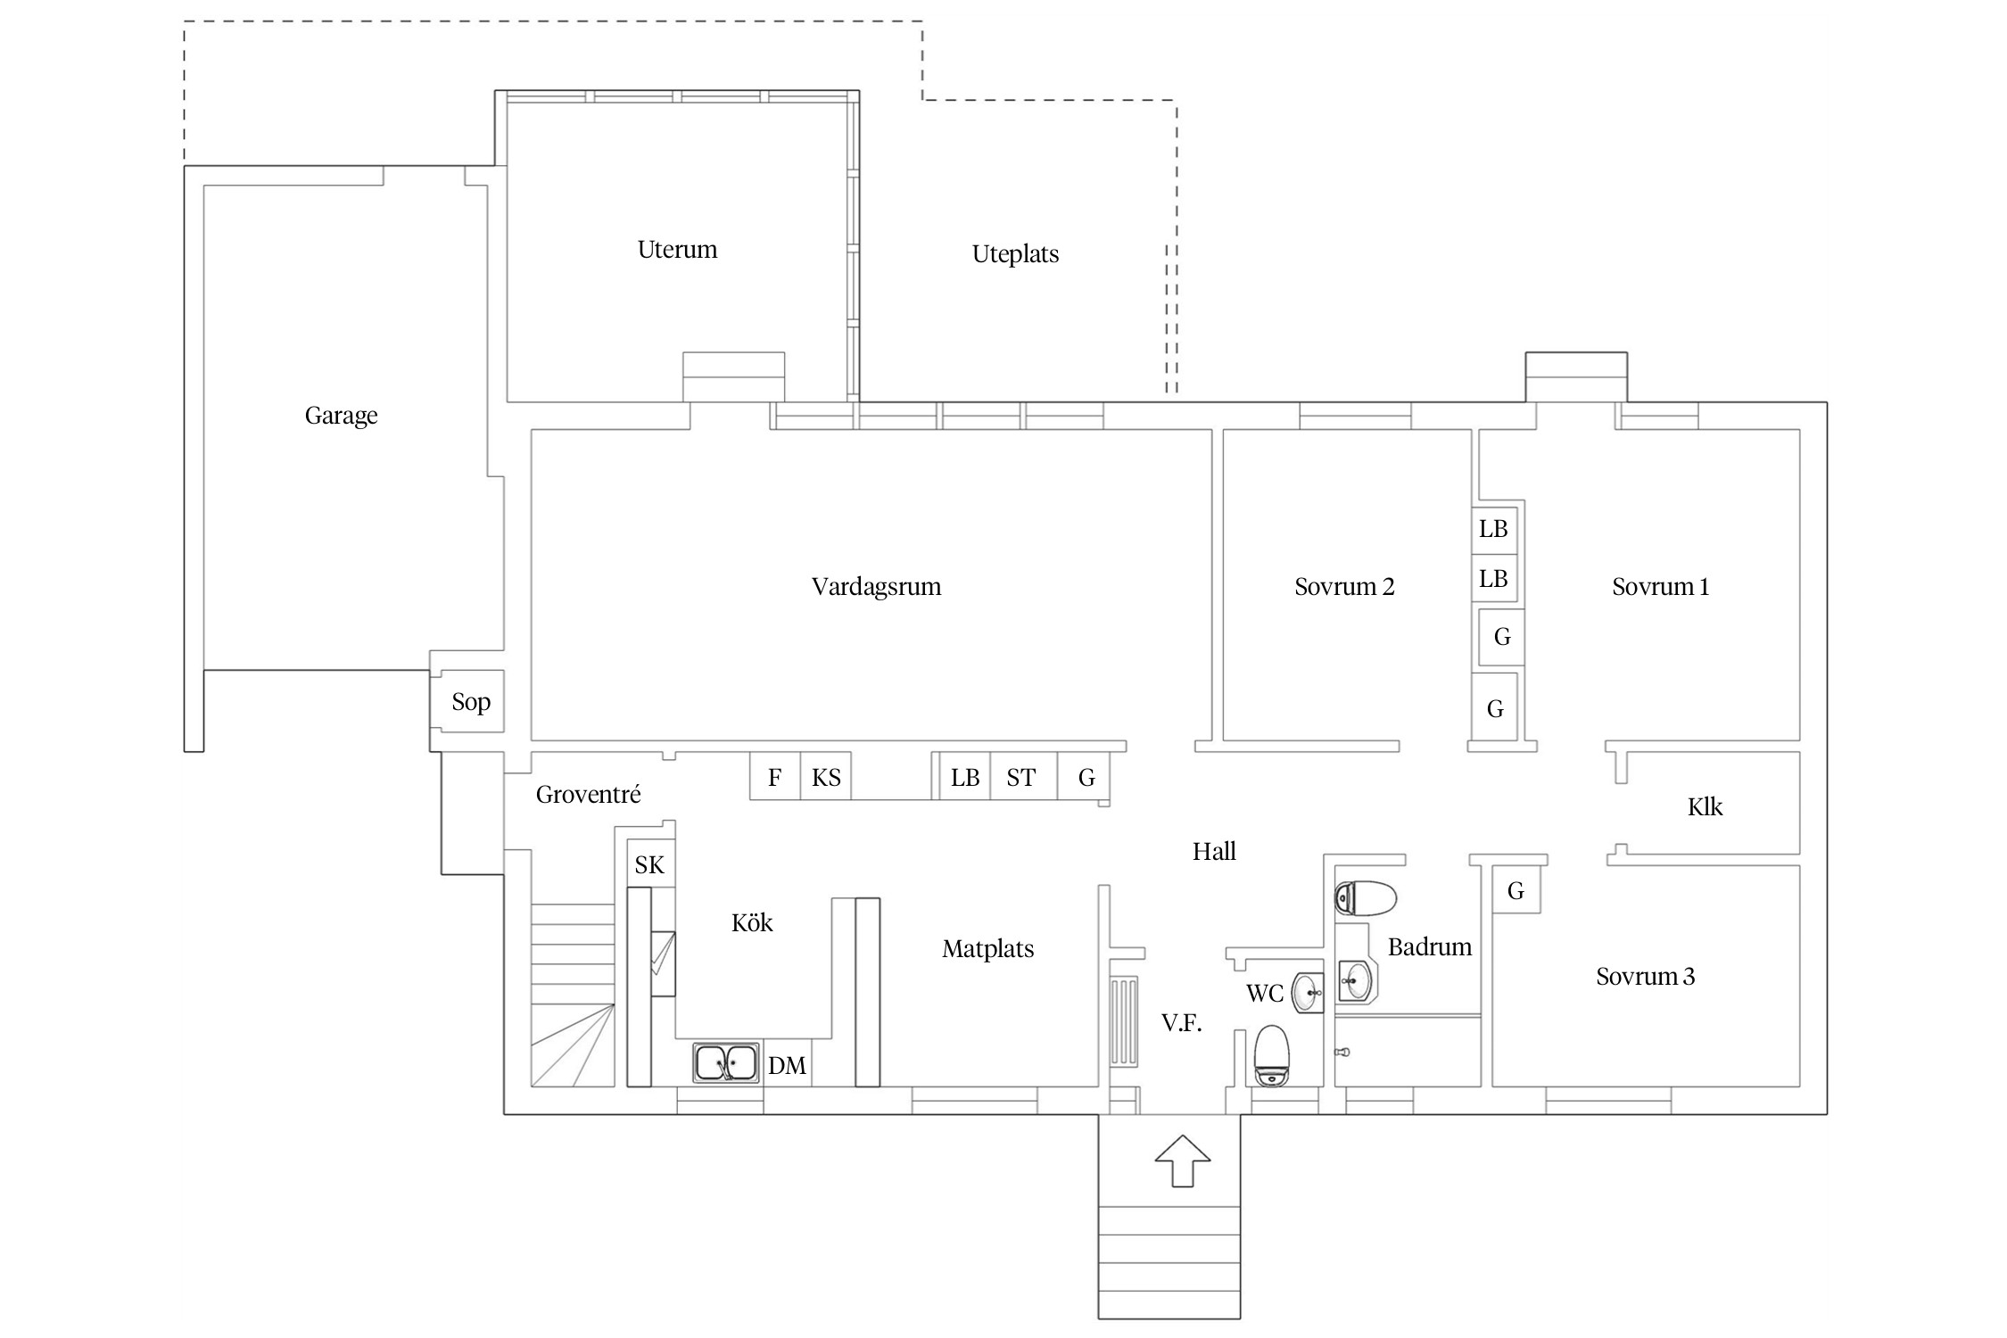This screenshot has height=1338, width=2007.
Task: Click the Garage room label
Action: pos(341,416)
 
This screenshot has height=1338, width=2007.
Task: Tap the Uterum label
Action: pos(677,250)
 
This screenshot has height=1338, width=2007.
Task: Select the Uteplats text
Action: pos(1015,254)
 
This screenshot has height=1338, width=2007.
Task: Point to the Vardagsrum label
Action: pos(876,587)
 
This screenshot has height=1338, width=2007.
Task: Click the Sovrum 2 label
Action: pos(1344,587)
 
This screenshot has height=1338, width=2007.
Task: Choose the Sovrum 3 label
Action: pos(1645,977)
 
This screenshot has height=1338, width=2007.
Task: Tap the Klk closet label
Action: pos(1705,807)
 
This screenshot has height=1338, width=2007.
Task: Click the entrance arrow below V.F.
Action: pos(1182,1160)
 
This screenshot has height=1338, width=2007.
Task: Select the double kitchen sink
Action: pos(726,1063)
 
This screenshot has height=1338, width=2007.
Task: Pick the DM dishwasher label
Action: pos(787,1066)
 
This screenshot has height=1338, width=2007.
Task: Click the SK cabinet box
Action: pos(650,863)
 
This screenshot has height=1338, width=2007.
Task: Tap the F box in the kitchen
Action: pos(774,776)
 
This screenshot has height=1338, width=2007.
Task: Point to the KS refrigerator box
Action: pos(826,776)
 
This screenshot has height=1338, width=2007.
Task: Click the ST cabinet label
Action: pos(1020,779)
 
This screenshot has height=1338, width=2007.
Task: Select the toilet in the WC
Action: pos(1271,1055)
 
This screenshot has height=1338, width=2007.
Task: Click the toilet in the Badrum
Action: pos(1365,898)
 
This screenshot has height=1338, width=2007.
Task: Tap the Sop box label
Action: pos(471,702)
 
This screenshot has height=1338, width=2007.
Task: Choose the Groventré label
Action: pos(588,794)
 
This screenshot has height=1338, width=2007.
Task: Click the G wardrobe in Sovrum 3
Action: pos(1516,889)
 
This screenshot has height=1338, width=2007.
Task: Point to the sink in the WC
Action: pos(1309,990)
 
